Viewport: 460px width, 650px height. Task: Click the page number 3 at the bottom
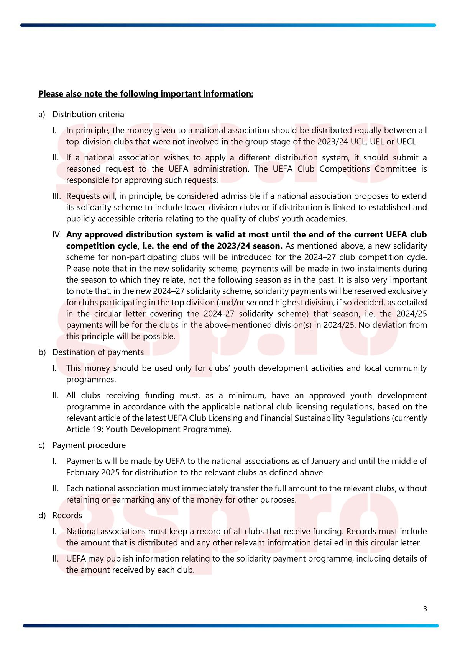(x=425, y=609)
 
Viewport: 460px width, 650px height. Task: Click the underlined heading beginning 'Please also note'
(x=146, y=94)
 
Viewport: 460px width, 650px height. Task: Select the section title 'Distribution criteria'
(x=88, y=114)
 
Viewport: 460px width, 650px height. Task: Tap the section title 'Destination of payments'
(x=98, y=352)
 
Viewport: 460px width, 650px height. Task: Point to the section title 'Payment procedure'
(x=89, y=445)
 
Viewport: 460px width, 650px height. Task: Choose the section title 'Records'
(x=67, y=515)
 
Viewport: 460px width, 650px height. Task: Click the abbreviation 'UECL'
(x=407, y=142)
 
